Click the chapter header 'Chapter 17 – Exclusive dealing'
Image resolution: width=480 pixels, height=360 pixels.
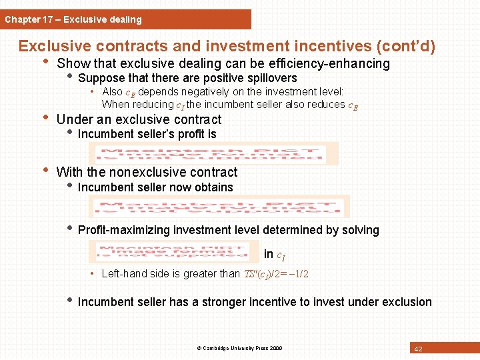click(x=73, y=19)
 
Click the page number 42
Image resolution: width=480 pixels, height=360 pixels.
click(x=419, y=349)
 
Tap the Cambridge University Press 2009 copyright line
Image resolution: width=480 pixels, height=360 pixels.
click(x=239, y=349)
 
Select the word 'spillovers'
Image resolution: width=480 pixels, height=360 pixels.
click(x=271, y=79)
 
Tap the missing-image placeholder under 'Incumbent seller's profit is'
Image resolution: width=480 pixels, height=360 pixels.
click(x=217, y=154)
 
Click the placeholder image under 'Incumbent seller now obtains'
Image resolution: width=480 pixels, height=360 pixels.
click(x=220, y=207)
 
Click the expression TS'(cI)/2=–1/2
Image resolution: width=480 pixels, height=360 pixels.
click(x=275, y=274)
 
